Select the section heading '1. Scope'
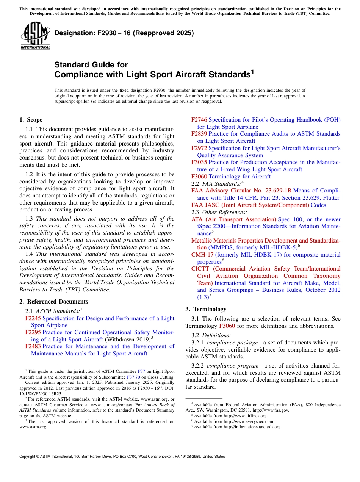[x=31, y=120]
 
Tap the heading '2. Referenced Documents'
[x=54, y=302]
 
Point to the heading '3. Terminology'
[x=206, y=309]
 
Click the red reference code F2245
[x=33, y=318]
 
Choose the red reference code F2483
[x=33, y=346]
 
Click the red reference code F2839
[x=199, y=134]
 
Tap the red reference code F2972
[x=199, y=148]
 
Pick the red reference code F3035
[x=199, y=162]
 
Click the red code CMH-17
[x=202, y=255]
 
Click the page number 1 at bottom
[x=180, y=465]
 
